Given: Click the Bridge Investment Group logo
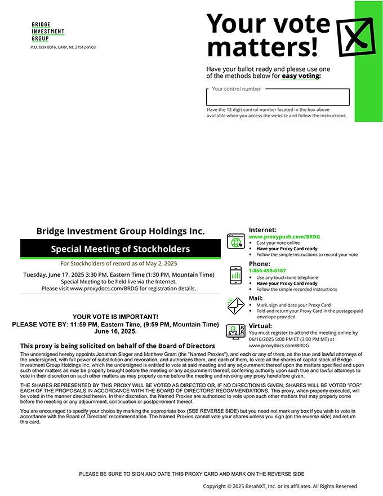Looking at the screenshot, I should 48,32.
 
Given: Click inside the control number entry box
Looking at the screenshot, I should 278,98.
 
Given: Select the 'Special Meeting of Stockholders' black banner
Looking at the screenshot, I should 121,249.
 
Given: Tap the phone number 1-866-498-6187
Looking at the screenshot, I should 268,271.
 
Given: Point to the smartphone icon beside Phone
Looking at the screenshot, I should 235,274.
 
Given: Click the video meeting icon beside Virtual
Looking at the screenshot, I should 235,331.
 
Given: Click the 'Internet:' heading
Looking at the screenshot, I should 262,230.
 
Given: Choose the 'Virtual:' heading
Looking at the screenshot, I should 260,326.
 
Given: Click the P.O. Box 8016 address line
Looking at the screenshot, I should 63,47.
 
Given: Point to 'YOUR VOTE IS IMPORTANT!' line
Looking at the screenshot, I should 115,317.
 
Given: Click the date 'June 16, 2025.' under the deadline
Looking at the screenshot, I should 115,331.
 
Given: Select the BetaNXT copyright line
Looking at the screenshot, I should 280,486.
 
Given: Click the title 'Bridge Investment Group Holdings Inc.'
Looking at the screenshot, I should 121,231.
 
